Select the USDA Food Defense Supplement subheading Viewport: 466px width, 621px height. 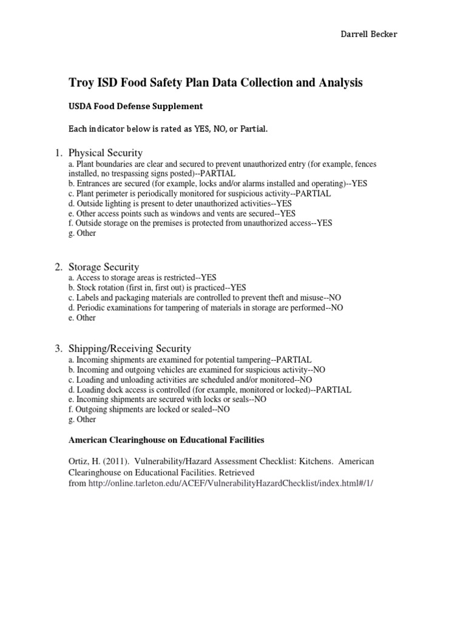click(135, 106)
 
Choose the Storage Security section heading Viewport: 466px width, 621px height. click(104, 267)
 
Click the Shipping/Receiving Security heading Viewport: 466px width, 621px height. click(130, 348)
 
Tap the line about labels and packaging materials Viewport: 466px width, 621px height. click(205, 298)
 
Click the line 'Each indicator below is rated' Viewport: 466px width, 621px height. click(168, 129)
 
